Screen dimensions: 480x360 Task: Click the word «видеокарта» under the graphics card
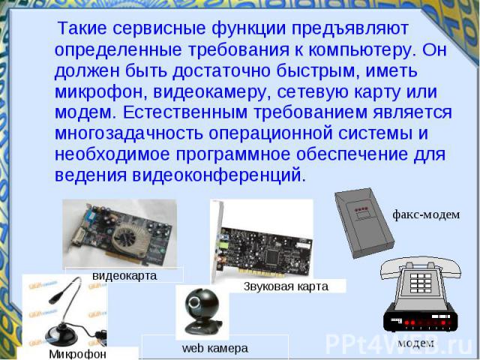coord(124,275)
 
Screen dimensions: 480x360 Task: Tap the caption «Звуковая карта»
coord(286,286)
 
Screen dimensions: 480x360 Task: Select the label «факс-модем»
coord(426,214)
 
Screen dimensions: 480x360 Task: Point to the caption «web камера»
coord(215,348)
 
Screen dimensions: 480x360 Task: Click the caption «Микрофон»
coord(77,354)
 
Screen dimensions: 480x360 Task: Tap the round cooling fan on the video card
coord(127,238)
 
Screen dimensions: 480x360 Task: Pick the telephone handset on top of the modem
coord(421,265)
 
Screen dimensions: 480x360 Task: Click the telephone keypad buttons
coord(421,283)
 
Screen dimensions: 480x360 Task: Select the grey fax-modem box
coord(364,223)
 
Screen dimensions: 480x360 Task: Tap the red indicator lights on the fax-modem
coord(361,210)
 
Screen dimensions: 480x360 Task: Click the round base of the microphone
coord(61,335)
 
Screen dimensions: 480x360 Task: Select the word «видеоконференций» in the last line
coord(217,175)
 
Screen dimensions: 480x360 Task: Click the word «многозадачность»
coord(128,133)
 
